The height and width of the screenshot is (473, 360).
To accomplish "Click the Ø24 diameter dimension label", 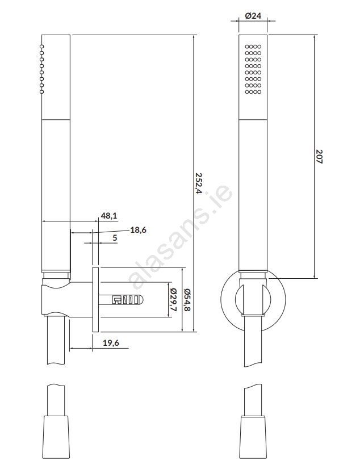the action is tap(253, 16).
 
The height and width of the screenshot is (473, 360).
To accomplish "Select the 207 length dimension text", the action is tap(319, 157).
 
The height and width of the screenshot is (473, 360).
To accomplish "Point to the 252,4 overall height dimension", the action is tap(198, 183).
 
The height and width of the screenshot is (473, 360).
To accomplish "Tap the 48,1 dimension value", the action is tap(109, 216).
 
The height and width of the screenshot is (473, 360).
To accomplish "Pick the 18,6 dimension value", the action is tap(138, 230).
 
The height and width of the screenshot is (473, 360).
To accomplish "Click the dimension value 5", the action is tap(115, 238).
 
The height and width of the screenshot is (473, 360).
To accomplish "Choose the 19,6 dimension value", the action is tap(111, 343).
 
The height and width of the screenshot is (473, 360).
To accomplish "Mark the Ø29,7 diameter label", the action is tap(173, 300).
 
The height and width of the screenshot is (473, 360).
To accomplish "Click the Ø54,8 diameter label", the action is tap(187, 300).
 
